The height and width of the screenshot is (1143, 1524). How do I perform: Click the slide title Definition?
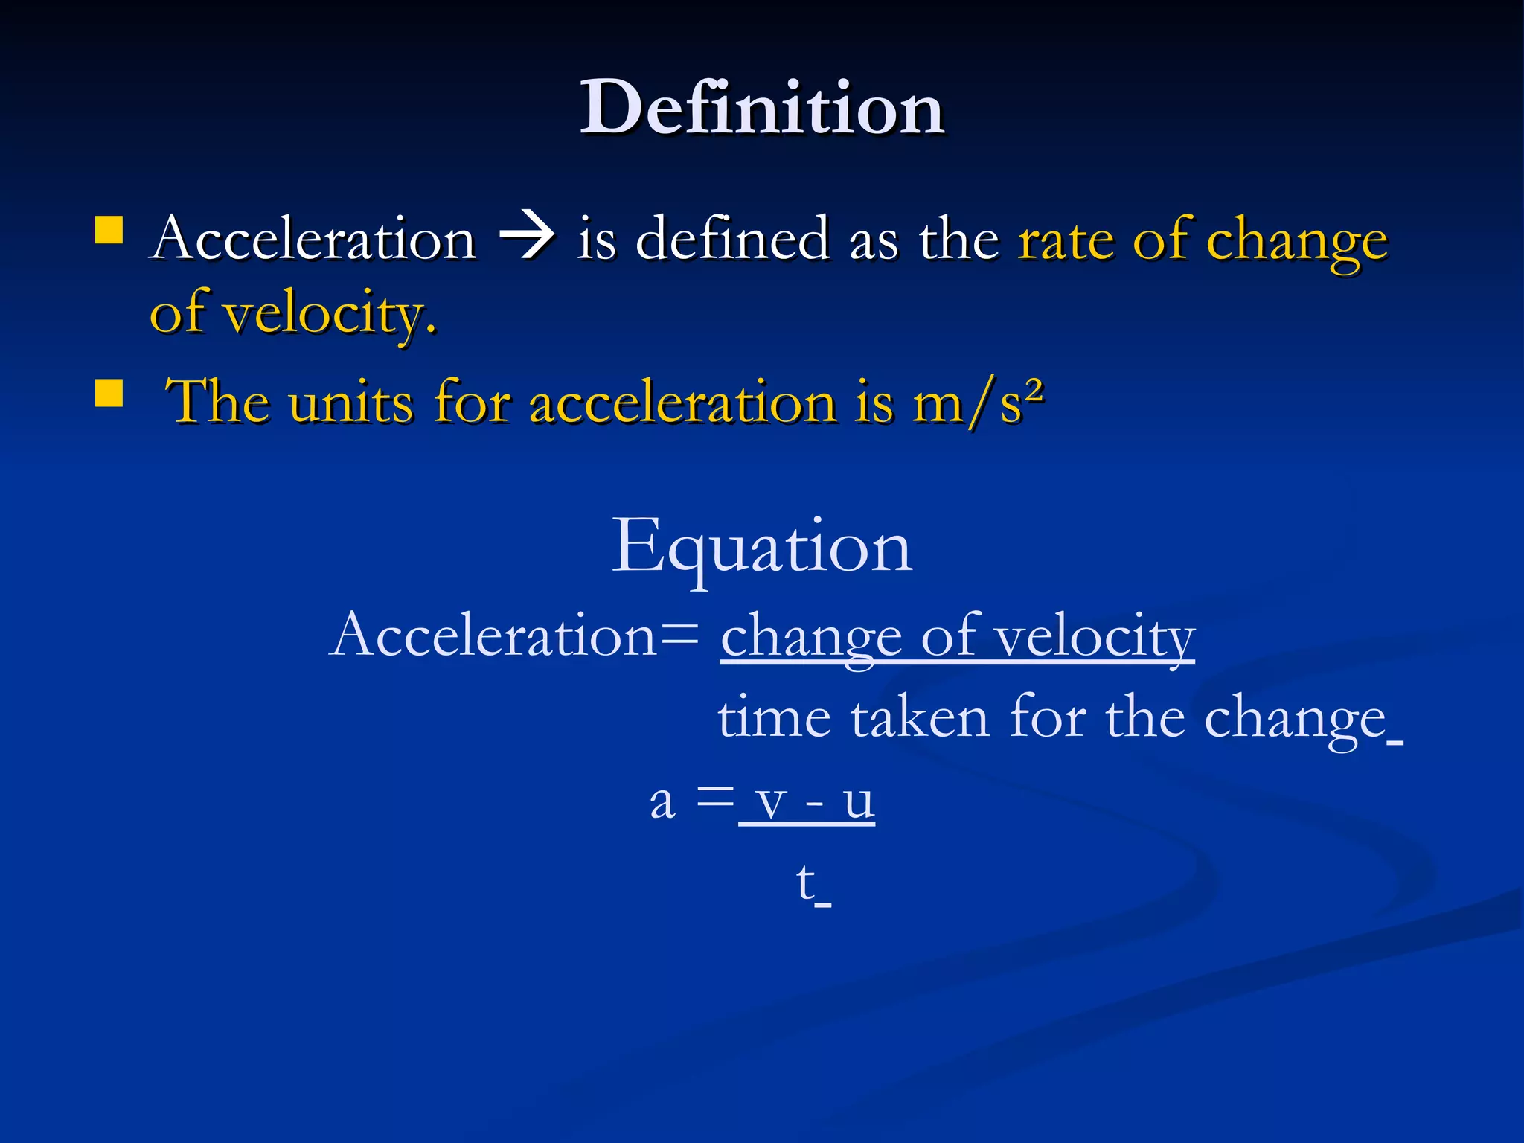click(762, 108)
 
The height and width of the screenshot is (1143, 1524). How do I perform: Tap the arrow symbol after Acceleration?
click(527, 237)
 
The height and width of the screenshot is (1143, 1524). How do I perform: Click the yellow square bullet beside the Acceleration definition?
click(109, 230)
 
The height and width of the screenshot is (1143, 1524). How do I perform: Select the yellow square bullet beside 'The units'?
click(109, 394)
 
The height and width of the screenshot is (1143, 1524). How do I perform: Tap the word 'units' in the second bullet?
click(350, 402)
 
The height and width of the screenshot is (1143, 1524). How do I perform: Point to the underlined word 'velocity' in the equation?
click(1095, 637)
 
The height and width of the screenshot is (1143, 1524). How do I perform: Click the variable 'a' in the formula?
click(662, 802)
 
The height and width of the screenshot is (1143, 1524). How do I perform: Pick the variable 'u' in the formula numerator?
click(859, 802)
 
